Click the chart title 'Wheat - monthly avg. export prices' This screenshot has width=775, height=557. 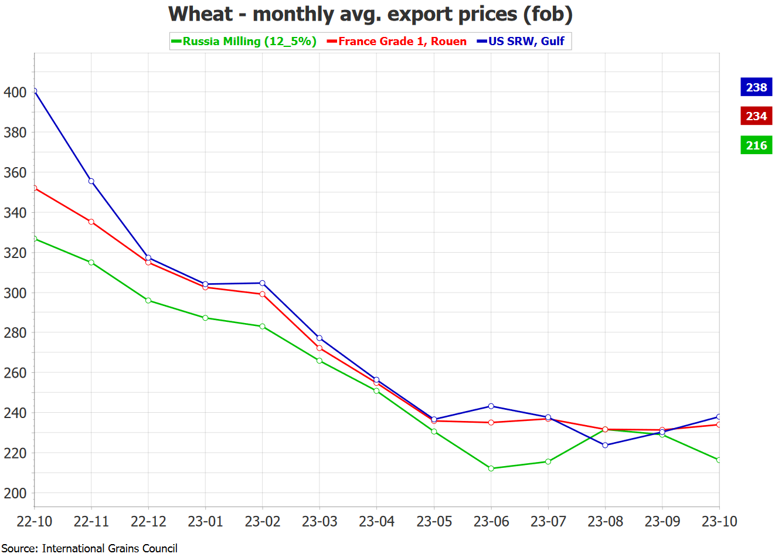click(x=370, y=14)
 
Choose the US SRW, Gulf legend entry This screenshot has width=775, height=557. click(x=521, y=41)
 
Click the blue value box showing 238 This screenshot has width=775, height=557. click(x=756, y=87)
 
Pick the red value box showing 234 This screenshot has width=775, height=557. click(x=756, y=116)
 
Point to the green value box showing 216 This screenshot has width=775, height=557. click(x=756, y=145)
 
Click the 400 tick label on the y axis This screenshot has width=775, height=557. click(x=15, y=92)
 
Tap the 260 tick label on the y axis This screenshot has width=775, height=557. click(x=15, y=373)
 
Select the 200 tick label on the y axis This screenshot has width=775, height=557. click(x=15, y=493)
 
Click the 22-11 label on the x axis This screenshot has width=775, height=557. click(x=91, y=521)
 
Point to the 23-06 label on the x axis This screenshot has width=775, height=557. click(x=491, y=521)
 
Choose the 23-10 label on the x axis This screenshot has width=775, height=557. click(x=719, y=521)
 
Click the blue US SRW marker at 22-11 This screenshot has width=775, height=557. click(x=91, y=181)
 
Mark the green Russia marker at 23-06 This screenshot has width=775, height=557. click(x=491, y=468)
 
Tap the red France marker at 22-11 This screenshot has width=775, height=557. click(x=91, y=222)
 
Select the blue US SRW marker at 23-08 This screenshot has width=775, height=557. click(x=606, y=445)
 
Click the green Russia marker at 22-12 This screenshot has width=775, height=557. click(x=148, y=301)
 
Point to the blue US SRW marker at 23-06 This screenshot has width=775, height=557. click(x=491, y=406)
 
